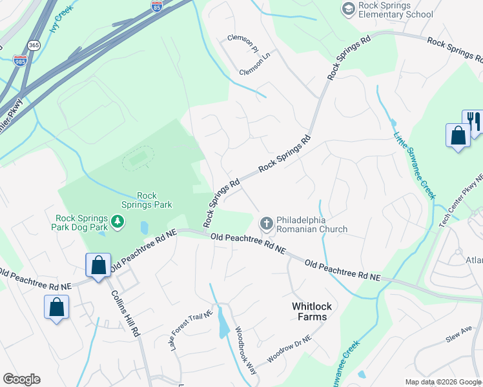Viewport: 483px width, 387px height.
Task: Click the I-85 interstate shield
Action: pos(157,6)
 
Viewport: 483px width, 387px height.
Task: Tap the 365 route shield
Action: pos(34,45)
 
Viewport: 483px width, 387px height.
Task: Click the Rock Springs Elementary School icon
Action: pos(349,8)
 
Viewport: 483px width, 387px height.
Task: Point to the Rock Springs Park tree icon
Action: pos(118,222)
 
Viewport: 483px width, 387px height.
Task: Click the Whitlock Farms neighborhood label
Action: pos(309,312)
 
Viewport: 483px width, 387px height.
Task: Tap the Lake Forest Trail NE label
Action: pos(191,332)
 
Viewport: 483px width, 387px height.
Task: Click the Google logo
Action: pos(21,379)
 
